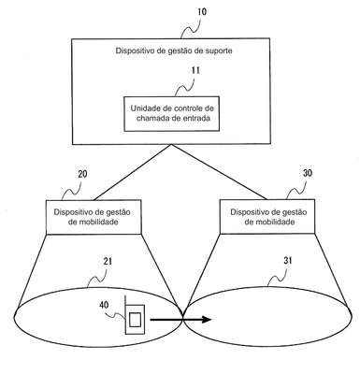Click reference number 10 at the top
point(202,12)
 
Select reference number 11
point(195,71)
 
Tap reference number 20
point(82,174)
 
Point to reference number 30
point(307,173)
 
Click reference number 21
point(108,261)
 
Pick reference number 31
point(288,260)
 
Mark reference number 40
point(104,305)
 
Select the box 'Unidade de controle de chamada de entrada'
point(172,114)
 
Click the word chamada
point(151,119)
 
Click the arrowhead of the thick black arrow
point(206,320)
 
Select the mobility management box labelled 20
point(94,217)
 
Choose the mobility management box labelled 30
point(267,217)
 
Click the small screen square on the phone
point(135,320)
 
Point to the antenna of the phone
point(125,300)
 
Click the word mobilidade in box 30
point(269,223)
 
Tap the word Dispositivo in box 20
point(74,212)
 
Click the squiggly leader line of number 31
point(278,277)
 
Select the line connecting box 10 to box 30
point(219,172)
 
